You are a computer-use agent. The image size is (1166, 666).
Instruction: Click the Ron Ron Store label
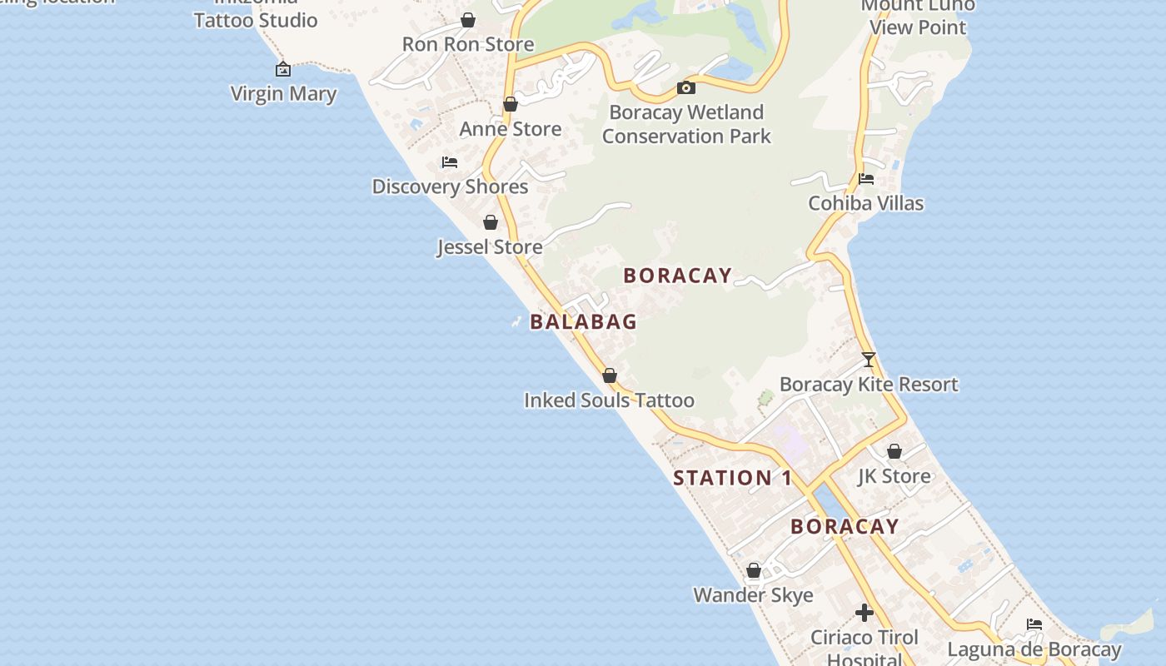tap(468, 44)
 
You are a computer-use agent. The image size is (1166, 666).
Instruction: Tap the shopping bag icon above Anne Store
tap(511, 104)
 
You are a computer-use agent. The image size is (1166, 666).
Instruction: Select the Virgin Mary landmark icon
tap(283, 69)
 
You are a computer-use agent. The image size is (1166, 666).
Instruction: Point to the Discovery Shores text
tap(450, 186)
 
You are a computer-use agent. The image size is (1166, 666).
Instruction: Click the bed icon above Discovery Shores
tap(450, 162)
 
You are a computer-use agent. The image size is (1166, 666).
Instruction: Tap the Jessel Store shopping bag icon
tap(491, 222)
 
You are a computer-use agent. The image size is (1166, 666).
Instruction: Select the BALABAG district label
tap(584, 321)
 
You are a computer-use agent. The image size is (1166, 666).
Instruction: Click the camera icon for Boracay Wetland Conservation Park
tap(686, 87)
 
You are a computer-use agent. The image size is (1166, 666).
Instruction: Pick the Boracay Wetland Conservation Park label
tap(686, 124)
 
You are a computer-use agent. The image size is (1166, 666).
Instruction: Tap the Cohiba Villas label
tap(866, 203)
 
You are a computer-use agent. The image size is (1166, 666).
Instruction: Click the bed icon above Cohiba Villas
tap(866, 178)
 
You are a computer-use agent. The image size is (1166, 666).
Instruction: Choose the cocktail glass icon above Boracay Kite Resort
tap(869, 360)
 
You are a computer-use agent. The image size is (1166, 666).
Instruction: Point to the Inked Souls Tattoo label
tap(609, 400)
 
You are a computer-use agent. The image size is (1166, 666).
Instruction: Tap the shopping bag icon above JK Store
tap(894, 451)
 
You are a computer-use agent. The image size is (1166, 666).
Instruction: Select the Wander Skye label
tap(753, 595)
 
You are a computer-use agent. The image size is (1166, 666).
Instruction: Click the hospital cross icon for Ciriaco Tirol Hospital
tap(865, 614)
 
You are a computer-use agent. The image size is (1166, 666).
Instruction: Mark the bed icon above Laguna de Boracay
tap(1034, 624)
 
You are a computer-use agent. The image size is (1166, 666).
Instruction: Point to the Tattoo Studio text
tap(256, 20)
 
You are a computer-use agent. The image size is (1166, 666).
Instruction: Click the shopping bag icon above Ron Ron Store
tap(468, 20)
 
